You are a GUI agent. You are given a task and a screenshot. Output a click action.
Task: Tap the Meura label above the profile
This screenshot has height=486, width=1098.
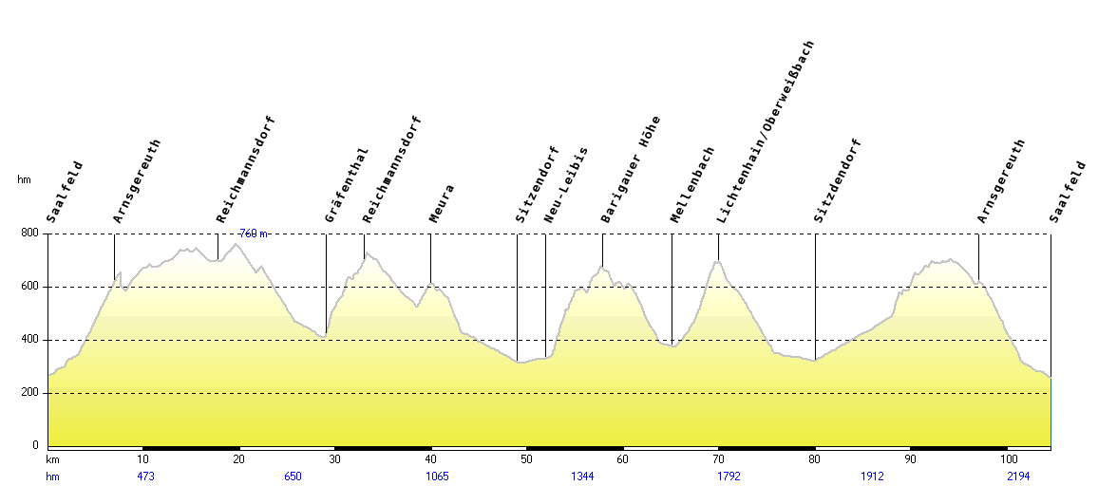click(442, 203)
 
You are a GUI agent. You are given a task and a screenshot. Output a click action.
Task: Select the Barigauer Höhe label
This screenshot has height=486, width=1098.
click(631, 170)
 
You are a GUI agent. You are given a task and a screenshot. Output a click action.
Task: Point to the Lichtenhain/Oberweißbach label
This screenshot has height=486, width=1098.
click(767, 132)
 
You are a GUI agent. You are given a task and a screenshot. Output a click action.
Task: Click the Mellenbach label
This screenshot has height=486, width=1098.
click(692, 185)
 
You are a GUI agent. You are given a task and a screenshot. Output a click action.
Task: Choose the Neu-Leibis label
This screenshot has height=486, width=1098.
click(566, 185)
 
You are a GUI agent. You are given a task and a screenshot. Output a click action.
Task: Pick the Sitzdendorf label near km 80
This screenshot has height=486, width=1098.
click(838, 181)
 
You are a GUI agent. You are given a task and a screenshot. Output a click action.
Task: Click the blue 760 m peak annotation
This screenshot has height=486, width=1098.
click(253, 234)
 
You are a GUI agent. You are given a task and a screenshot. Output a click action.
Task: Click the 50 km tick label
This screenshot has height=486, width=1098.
click(526, 459)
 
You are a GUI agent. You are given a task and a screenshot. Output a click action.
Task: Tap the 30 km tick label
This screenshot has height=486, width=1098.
click(334, 459)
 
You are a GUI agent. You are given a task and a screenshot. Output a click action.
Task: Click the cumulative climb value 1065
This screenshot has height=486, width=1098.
click(437, 477)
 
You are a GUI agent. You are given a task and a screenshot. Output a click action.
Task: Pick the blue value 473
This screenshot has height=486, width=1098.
click(145, 477)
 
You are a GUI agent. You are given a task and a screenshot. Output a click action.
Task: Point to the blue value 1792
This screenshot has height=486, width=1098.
click(729, 477)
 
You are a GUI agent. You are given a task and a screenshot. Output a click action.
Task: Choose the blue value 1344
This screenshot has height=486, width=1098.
click(582, 477)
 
